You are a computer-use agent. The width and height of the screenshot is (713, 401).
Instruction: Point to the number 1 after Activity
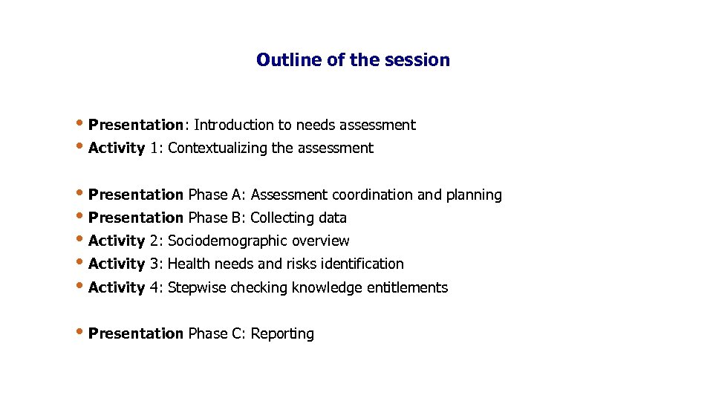click(154, 148)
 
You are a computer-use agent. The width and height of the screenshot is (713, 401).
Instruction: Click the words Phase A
click(215, 195)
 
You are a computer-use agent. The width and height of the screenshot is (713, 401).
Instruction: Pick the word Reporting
click(282, 334)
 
